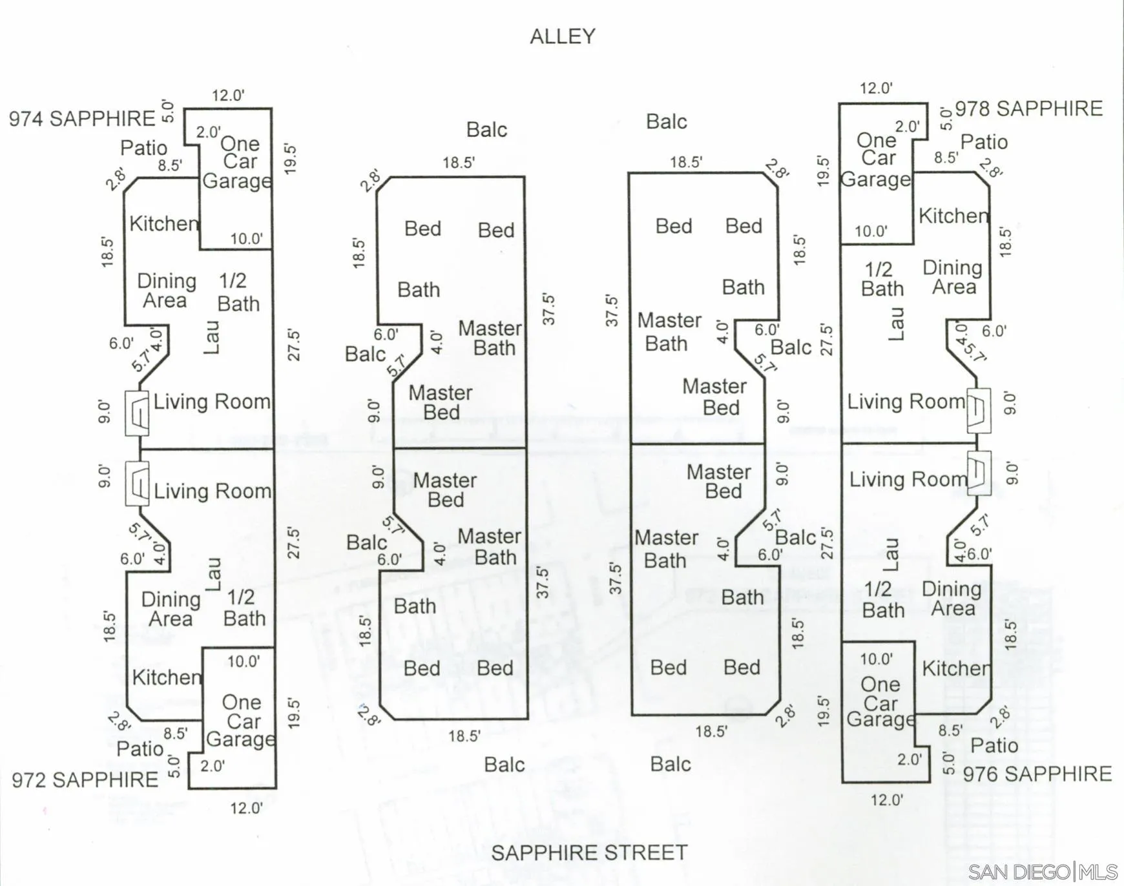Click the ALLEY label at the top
pyautogui.click(x=563, y=36)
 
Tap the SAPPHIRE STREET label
pyautogui.click(x=589, y=852)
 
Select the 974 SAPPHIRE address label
pyautogui.click(x=82, y=119)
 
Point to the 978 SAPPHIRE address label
pyautogui.click(x=1028, y=108)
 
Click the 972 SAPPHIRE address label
pyautogui.click(x=85, y=779)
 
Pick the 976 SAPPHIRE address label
pyautogui.click(x=1037, y=774)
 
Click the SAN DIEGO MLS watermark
pyautogui.click(x=1043, y=872)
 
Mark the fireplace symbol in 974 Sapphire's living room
pyautogui.click(x=137, y=413)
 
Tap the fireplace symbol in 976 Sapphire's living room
pyautogui.click(x=979, y=473)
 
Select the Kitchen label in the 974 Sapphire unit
pyautogui.click(x=164, y=223)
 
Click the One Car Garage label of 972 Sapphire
pyautogui.click(x=240, y=721)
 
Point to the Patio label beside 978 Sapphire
pyautogui.click(x=984, y=142)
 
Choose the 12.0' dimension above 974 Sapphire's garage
pyautogui.click(x=228, y=96)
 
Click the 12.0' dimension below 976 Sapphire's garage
pyautogui.click(x=887, y=800)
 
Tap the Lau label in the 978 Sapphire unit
pyautogui.click(x=896, y=324)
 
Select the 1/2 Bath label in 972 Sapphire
pyautogui.click(x=244, y=608)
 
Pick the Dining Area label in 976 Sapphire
pyautogui.click(x=952, y=599)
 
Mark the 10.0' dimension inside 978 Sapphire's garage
pyautogui.click(x=871, y=231)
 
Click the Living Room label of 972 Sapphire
pyautogui.click(x=213, y=491)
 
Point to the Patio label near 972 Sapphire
pyautogui.click(x=140, y=748)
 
